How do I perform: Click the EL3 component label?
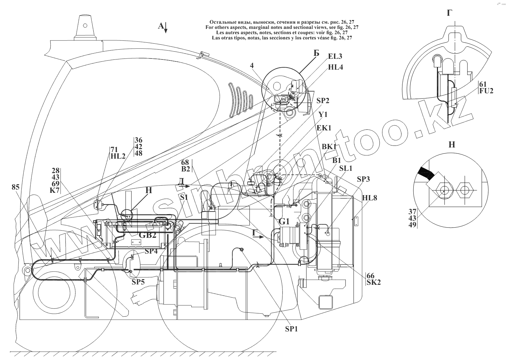[x=335, y=56]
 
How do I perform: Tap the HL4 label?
[x=335, y=67]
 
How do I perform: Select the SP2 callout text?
[x=323, y=101]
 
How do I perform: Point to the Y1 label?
[x=323, y=115]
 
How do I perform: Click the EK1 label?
[x=324, y=128]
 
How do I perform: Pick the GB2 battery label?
[x=148, y=235]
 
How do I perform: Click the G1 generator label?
[x=284, y=222]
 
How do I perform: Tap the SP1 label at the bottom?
[x=291, y=329]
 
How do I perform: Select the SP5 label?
[x=138, y=282]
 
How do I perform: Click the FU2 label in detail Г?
[x=487, y=91]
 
